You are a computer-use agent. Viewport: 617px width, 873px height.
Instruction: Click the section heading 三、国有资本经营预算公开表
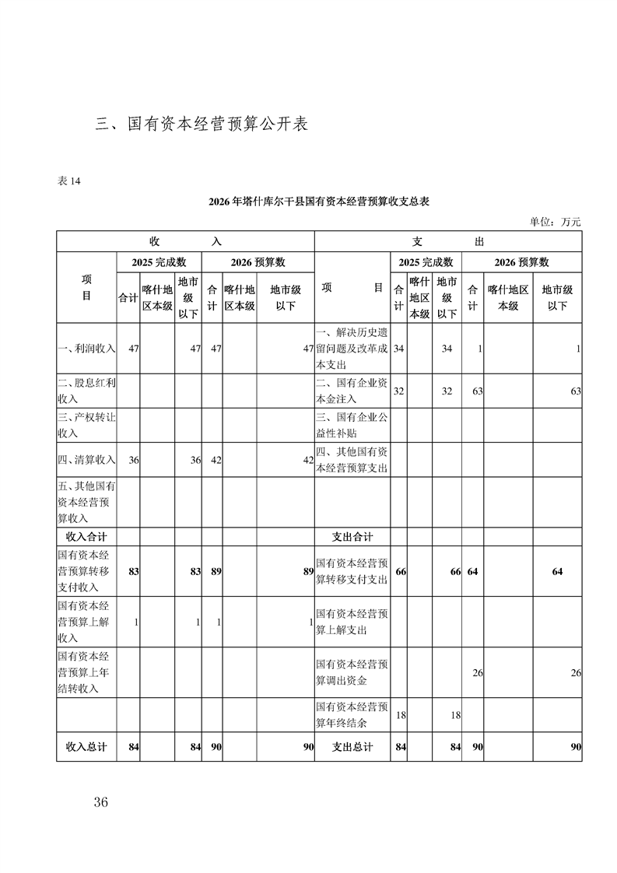pos(202,124)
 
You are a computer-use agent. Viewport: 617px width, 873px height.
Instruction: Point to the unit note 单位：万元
pos(556,222)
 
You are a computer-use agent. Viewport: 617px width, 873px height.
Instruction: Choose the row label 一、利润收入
pos(86,349)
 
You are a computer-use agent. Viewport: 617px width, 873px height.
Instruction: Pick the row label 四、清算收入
pos(86,460)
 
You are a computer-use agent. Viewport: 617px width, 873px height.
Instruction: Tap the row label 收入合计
pos(86,537)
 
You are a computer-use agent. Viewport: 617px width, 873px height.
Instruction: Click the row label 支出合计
pos(352,537)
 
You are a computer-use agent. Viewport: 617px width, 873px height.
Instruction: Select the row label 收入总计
pos(86,747)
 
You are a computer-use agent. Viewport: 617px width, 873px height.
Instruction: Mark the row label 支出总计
pos(352,747)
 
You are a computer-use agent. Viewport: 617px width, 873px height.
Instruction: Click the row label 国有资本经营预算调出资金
pos(352,672)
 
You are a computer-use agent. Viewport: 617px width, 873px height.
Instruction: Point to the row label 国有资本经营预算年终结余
pos(352,715)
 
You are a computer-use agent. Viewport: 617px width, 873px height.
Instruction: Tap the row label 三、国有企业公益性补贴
pos(352,425)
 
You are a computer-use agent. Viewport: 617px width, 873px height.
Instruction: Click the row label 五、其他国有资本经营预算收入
pos(86,502)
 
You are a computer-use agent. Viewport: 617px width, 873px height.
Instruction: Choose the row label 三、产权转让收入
pos(86,425)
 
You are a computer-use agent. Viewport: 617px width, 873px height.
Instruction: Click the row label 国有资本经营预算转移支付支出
pos(352,571)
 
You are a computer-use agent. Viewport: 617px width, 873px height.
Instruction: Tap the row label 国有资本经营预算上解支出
pos(352,622)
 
